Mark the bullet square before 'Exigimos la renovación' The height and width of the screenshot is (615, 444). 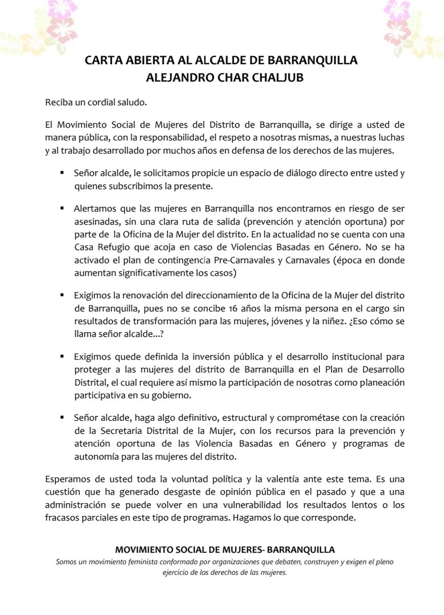[62, 296]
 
